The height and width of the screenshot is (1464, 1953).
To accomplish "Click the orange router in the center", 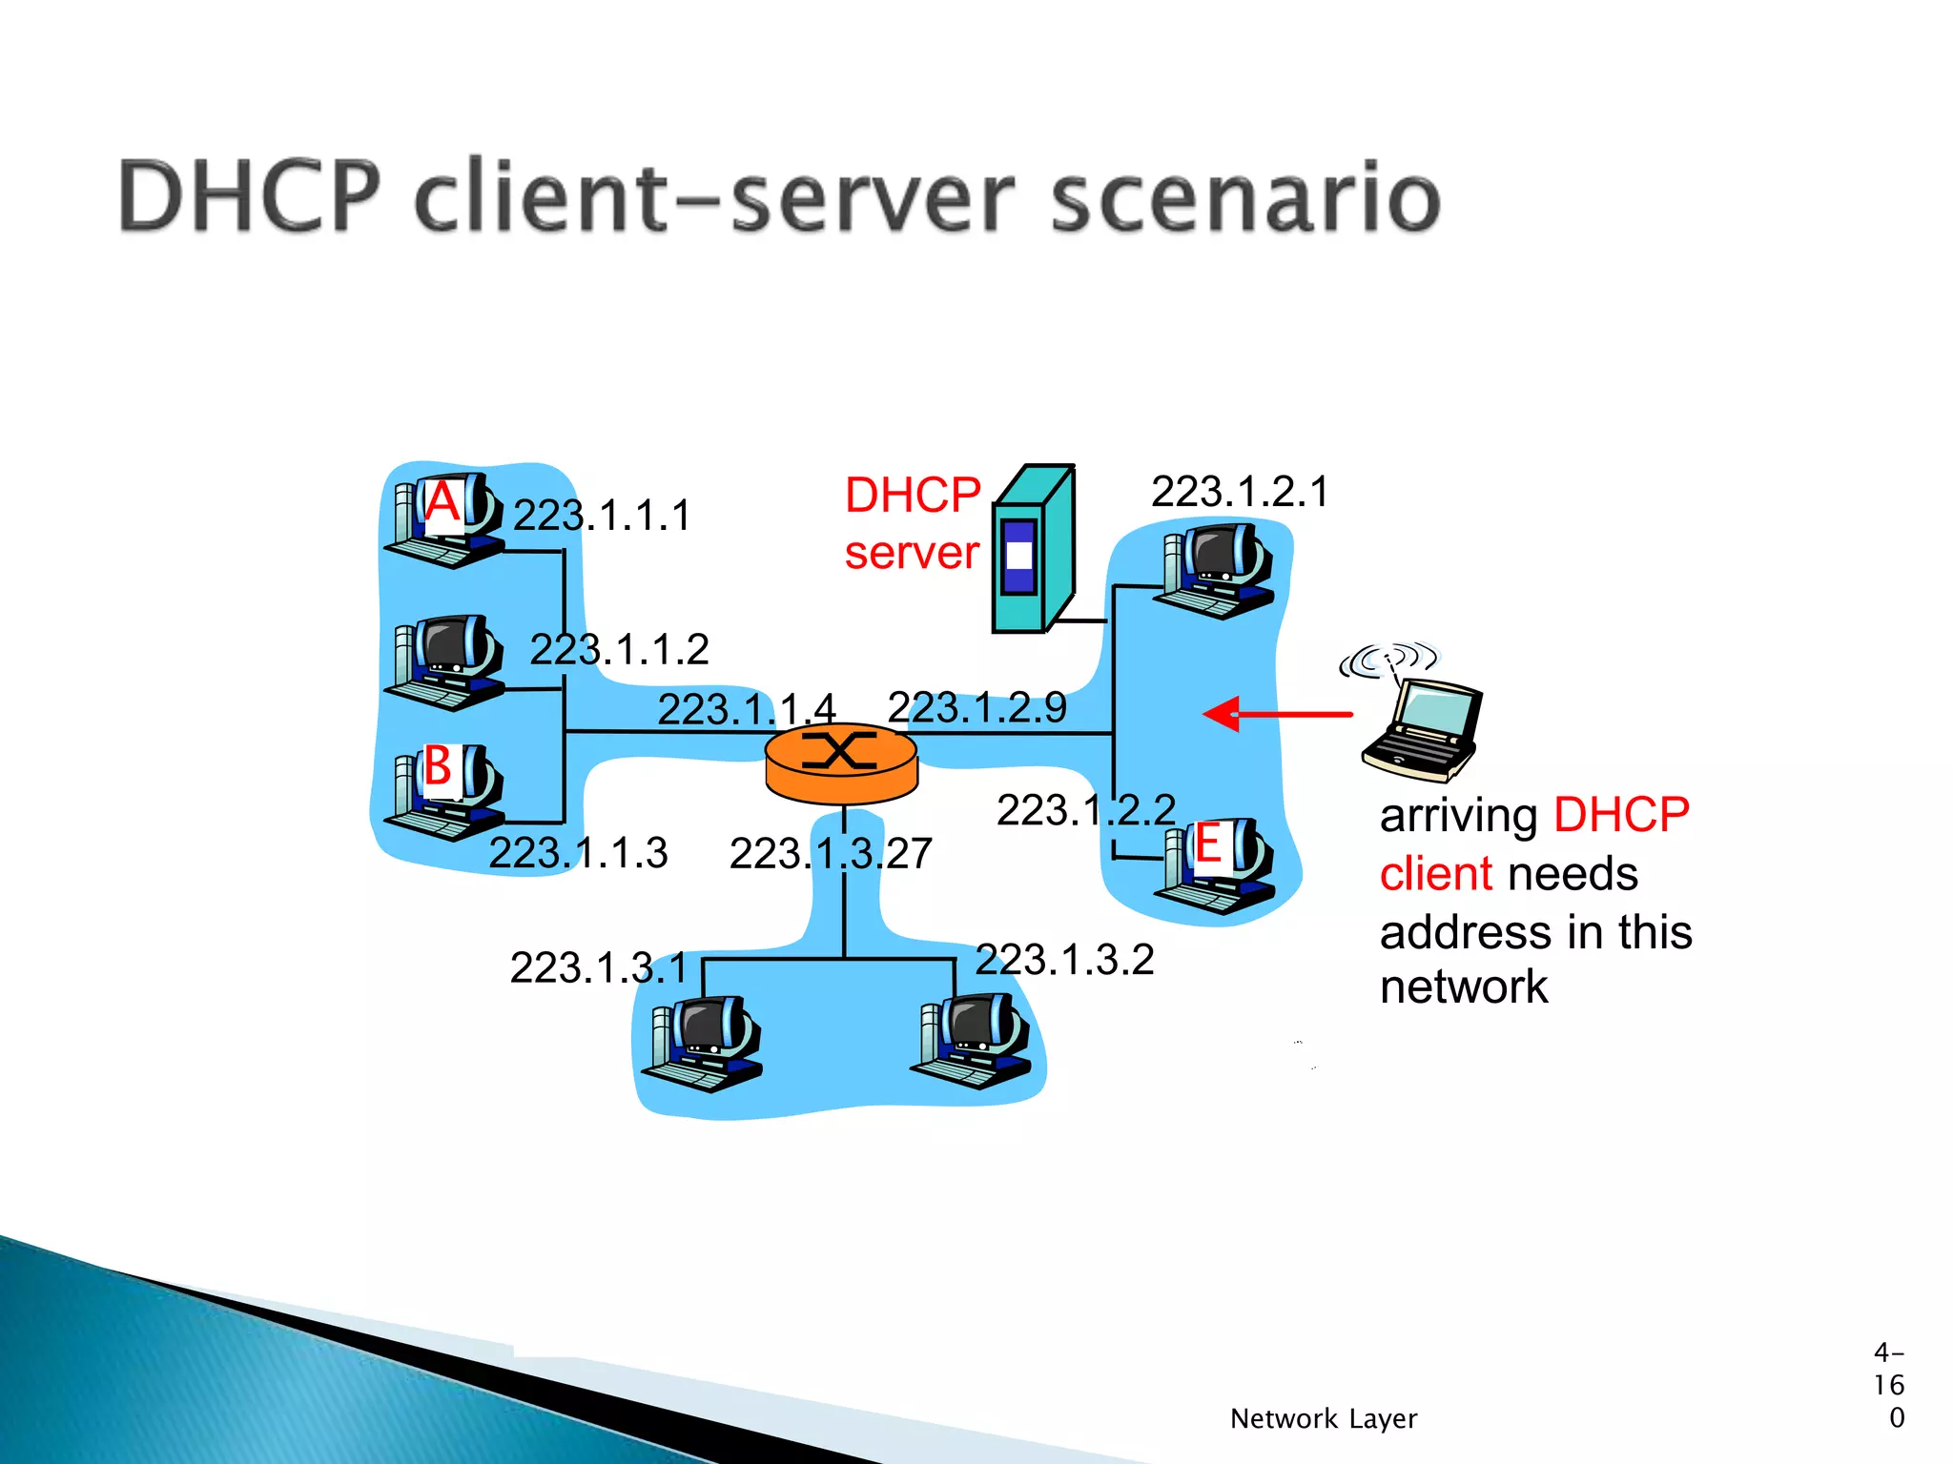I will [841, 763].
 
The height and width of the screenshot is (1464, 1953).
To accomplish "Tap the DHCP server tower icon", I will [1032, 551].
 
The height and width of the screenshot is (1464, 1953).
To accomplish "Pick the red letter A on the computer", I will [442, 501].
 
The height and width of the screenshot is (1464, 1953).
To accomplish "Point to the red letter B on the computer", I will [438, 765].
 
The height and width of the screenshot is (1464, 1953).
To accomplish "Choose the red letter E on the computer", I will [1208, 844].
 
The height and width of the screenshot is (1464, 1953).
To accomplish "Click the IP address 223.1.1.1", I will [602, 516].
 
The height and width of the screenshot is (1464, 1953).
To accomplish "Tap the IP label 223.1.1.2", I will [619, 650].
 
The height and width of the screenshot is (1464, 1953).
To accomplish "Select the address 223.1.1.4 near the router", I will [747, 709].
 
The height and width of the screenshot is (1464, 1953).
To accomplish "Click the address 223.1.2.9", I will [976, 707].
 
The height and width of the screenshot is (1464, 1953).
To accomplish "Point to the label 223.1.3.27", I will [831, 853].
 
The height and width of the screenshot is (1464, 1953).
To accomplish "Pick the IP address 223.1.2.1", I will [1239, 492].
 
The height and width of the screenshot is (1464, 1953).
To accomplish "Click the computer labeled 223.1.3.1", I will [704, 1043].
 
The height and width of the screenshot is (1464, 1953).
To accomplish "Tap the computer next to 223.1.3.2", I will [973, 1041].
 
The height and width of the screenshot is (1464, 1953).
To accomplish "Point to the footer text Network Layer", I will [1323, 1418].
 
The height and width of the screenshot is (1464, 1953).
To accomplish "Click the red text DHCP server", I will [912, 523].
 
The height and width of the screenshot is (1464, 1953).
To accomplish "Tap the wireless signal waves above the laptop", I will [1388, 659].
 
